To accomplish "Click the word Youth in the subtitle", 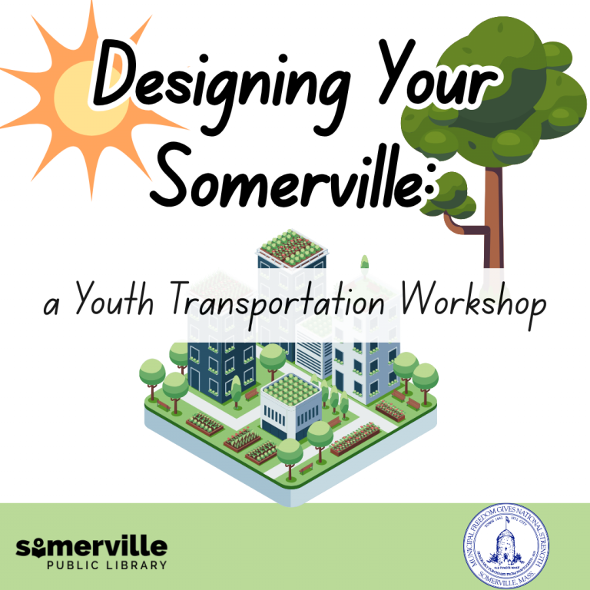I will click(112, 302).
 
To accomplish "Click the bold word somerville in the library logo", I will click(91, 547).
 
